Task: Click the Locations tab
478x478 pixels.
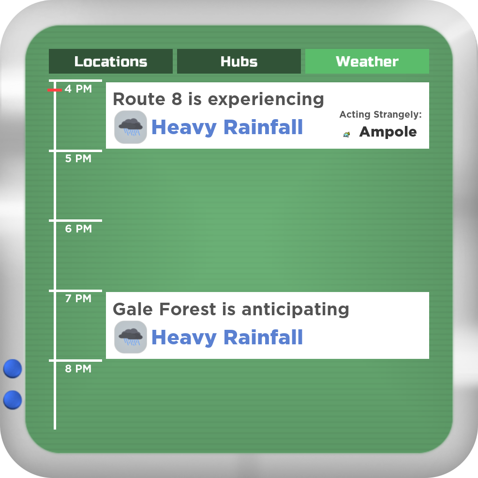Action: point(111,61)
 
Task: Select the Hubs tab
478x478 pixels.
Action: point(239,61)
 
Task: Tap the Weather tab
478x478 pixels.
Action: point(367,61)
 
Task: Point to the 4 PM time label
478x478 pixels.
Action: point(78,89)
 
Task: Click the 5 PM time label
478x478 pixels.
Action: point(78,158)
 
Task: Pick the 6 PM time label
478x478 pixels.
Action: point(78,229)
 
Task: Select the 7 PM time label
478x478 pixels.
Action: point(78,298)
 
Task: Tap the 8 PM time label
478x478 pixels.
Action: point(78,369)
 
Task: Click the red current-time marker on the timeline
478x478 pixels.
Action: point(55,90)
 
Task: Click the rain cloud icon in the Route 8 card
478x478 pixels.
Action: point(131,127)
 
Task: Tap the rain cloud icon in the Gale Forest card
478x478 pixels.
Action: point(131,337)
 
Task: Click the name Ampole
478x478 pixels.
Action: point(388,132)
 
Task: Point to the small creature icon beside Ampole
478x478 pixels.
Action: point(346,134)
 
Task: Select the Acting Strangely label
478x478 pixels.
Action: point(380,114)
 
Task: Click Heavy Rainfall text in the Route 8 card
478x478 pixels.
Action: point(227,127)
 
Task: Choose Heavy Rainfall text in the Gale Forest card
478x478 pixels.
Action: point(227,338)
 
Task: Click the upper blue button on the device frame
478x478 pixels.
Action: point(13,369)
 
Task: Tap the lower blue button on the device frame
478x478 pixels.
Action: point(13,400)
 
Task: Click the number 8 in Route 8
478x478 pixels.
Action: point(177,99)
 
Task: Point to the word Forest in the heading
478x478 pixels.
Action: point(188,309)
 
